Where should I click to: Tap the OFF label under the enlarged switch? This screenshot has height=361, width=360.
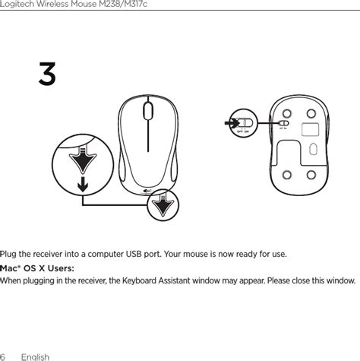click(238, 131)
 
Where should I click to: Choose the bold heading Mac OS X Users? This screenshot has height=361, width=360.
click(33, 268)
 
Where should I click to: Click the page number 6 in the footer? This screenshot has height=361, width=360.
click(3, 356)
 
